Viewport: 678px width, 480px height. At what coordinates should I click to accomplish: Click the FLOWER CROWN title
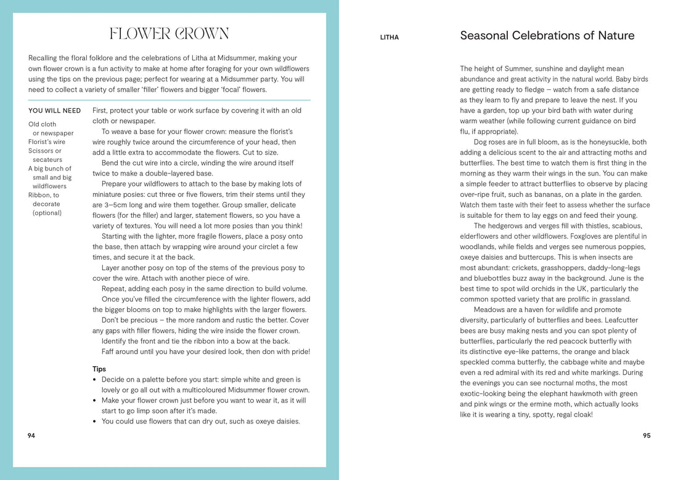point(169,34)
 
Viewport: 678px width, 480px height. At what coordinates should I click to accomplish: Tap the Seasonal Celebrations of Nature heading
point(547,36)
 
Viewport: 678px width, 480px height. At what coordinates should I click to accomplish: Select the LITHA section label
point(389,38)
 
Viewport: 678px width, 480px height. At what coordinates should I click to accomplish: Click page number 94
point(31,436)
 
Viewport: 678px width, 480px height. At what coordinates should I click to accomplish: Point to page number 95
point(647,436)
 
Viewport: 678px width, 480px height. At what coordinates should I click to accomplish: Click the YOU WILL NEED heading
point(54,111)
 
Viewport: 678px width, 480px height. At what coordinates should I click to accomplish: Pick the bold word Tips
point(99,369)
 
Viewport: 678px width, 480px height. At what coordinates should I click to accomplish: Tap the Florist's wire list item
point(47,142)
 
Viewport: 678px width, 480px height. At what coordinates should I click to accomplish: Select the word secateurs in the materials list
point(47,160)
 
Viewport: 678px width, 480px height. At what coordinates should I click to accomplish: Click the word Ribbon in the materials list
point(39,195)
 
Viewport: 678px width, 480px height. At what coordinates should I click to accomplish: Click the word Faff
point(109,352)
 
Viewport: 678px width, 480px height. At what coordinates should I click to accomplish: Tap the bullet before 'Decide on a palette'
point(95,380)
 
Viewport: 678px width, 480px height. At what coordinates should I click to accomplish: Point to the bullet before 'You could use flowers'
point(95,422)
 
